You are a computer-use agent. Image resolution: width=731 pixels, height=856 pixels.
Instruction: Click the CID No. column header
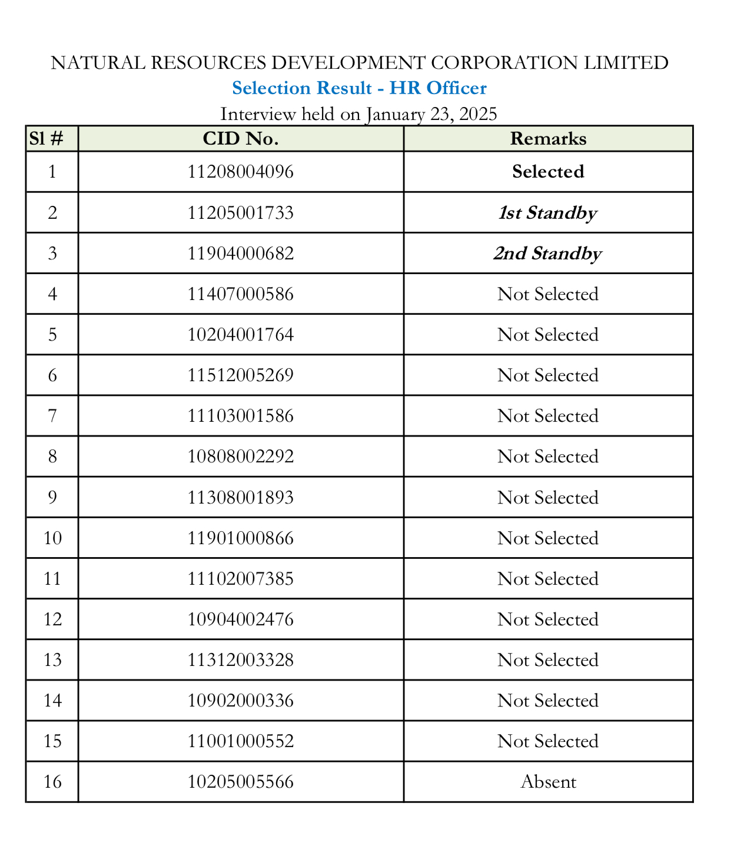click(241, 139)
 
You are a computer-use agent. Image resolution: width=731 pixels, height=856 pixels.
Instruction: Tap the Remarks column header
click(548, 139)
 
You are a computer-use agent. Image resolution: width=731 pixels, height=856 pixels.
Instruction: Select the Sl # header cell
click(46, 139)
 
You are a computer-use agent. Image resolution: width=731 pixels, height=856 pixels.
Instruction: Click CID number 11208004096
click(241, 172)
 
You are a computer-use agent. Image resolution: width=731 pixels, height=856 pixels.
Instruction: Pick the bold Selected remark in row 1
click(548, 172)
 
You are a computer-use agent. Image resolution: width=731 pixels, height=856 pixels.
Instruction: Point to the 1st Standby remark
click(548, 213)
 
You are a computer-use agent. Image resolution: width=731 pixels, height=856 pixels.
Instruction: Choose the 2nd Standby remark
click(548, 254)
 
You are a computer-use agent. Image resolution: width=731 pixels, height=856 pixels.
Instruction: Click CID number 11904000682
click(241, 254)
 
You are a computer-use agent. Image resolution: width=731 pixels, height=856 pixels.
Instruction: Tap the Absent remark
click(548, 782)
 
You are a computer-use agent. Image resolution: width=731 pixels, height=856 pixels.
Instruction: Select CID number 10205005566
click(241, 782)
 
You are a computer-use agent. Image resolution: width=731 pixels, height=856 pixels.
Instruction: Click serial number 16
click(52, 782)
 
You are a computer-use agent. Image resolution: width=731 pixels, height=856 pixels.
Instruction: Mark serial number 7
click(52, 416)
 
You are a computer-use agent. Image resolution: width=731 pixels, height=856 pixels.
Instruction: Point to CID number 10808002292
click(241, 457)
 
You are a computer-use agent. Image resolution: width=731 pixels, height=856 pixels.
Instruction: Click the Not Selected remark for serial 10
click(548, 538)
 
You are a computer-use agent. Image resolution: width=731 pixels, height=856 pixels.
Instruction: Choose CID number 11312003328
click(241, 660)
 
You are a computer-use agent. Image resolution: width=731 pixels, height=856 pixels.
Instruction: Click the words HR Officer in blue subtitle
click(438, 88)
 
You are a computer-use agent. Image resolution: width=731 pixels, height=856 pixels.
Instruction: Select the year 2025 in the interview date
click(478, 114)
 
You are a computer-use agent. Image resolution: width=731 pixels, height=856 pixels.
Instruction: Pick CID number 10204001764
click(241, 335)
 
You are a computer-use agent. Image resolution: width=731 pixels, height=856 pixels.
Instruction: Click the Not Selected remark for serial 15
click(548, 741)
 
